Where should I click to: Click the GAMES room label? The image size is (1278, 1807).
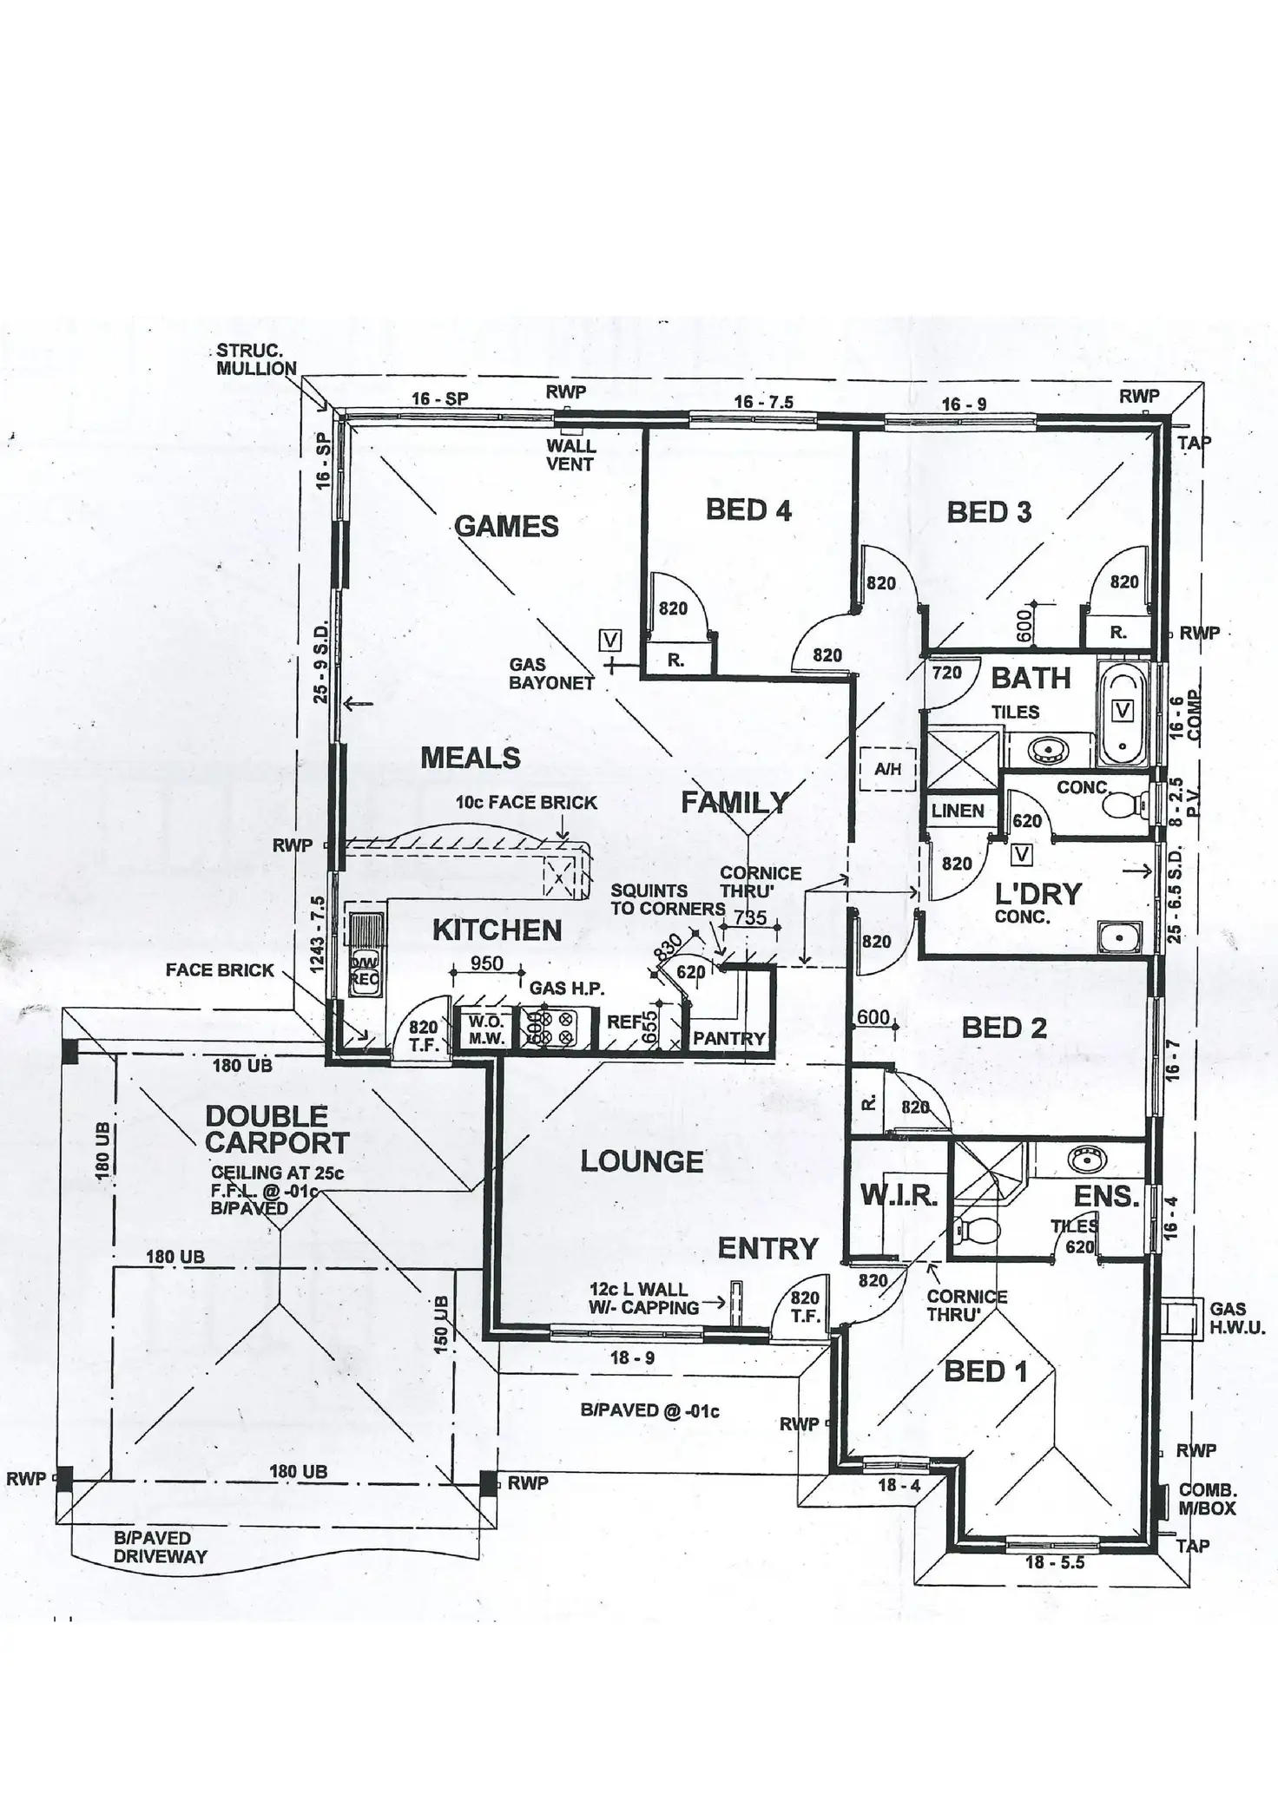click(x=506, y=526)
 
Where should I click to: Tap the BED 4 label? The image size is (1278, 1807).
click(x=748, y=509)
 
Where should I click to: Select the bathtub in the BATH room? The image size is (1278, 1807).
click(x=1123, y=713)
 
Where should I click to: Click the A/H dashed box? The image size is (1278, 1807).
click(x=887, y=769)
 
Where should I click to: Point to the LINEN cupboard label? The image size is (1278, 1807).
click(x=958, y=811)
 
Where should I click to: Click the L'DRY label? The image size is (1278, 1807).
click(x=1038, y=893)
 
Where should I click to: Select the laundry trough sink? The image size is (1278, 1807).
click(x=1117, y=936)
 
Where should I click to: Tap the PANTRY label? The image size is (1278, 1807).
click(x=728, y=1038)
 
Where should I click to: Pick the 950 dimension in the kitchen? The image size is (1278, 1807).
click(x=486, y=963)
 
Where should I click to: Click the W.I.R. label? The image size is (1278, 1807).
click(x=899, y=1196)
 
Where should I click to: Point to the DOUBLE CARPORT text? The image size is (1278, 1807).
click(x=277, y=1129)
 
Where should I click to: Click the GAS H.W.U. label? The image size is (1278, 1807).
click(x=1237, y=1317)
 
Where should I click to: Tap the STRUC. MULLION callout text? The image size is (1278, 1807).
click(x=256, y=359)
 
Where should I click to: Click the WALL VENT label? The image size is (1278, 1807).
click(x=570, y=455)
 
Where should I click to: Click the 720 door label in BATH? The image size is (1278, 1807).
click(x=946, y=672)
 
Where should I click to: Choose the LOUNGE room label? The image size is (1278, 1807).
click(x=642, y=1161)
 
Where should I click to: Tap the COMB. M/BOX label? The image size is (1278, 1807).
click(x=1207, y=1499)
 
